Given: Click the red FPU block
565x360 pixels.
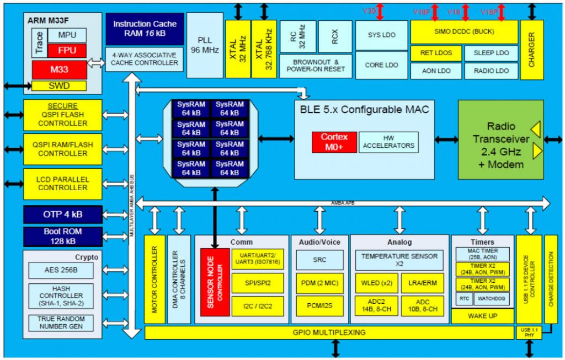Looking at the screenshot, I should point(67,51).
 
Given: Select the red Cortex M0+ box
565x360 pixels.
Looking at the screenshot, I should point(334,142).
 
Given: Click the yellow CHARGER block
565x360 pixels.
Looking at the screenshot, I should point(531,50).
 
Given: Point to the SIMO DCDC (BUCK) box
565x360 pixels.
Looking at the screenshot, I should point(464,32).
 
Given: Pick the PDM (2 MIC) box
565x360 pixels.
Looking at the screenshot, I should point(319,283).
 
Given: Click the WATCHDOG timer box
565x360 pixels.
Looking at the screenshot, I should point(489,298).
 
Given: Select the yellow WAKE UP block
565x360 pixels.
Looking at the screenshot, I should point(482,316).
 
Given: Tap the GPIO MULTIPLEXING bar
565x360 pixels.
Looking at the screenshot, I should point(329,332).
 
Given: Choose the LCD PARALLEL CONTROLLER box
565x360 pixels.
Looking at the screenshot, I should point(62,184).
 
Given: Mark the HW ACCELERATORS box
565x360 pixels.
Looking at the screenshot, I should point(388,142).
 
